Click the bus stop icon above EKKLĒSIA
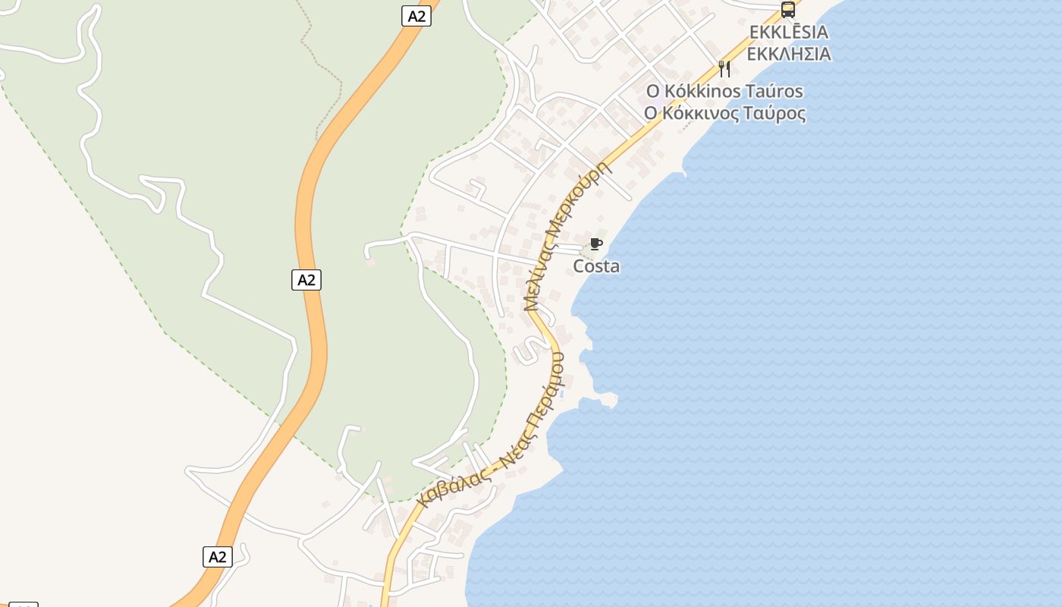(x=788, y=10)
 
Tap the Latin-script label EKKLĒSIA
(x=788, y=33)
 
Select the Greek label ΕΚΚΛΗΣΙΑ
(x=788, y=55)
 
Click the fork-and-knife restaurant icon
(x=724, y=69)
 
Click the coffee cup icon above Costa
(x=596, y=244)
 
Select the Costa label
(x=596, y=266)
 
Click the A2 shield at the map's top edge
(x=416, y=16)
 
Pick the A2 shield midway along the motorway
(x=306, y=280)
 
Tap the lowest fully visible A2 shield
(x=218, y=557)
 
